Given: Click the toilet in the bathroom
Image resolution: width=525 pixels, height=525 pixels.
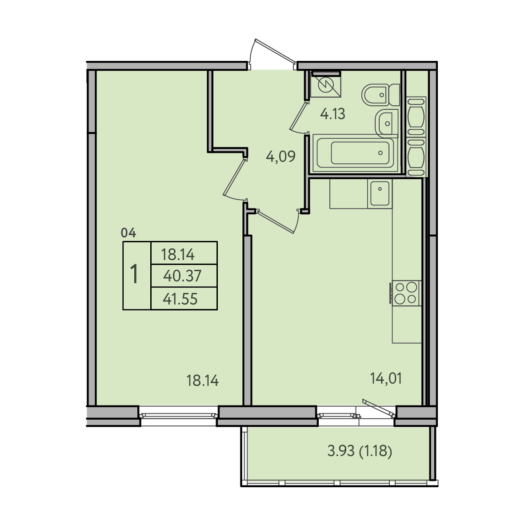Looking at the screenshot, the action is tap(381, 95).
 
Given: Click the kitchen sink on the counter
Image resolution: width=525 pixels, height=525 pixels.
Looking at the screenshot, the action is tap(380, 193).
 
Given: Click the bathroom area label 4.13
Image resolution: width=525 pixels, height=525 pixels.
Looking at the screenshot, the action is tap(333, 114).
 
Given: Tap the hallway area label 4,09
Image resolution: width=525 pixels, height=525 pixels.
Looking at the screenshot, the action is tap(281, 156).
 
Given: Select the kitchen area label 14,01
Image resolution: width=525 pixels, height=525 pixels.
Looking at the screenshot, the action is tap(386, 378).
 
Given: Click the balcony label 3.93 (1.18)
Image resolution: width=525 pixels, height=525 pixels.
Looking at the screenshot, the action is tap(360, 451).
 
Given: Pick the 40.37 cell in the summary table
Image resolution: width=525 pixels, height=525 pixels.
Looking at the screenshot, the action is tap(184, 276).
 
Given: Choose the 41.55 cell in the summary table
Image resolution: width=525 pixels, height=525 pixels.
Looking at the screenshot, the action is tap(184, 298).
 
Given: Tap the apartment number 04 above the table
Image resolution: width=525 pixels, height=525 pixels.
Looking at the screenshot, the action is tap(128, 232).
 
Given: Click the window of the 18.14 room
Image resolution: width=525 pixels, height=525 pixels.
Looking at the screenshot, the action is tap(178, 416).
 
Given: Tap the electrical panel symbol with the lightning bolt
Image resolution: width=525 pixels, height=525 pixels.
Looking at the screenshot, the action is tap(326, 86).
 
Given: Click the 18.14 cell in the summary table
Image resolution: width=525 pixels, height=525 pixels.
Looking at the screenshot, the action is tap(184, 253).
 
